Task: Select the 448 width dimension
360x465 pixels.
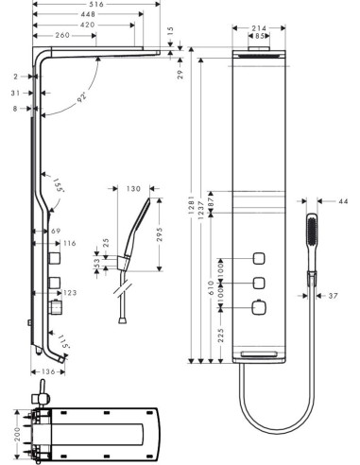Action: click(87, 15)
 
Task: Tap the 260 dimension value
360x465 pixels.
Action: click(63, 35)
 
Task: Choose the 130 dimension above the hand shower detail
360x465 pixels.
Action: click(132, 189)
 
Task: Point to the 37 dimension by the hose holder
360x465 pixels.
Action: click(334, 295)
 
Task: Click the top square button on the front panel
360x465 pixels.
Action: click(257, 260)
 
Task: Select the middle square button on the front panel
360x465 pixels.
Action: click(257, 283)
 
